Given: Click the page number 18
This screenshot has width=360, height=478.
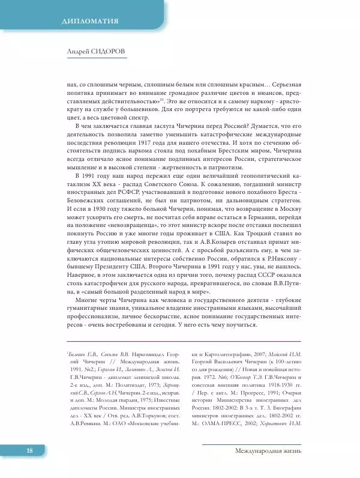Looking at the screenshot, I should coord(28,467).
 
